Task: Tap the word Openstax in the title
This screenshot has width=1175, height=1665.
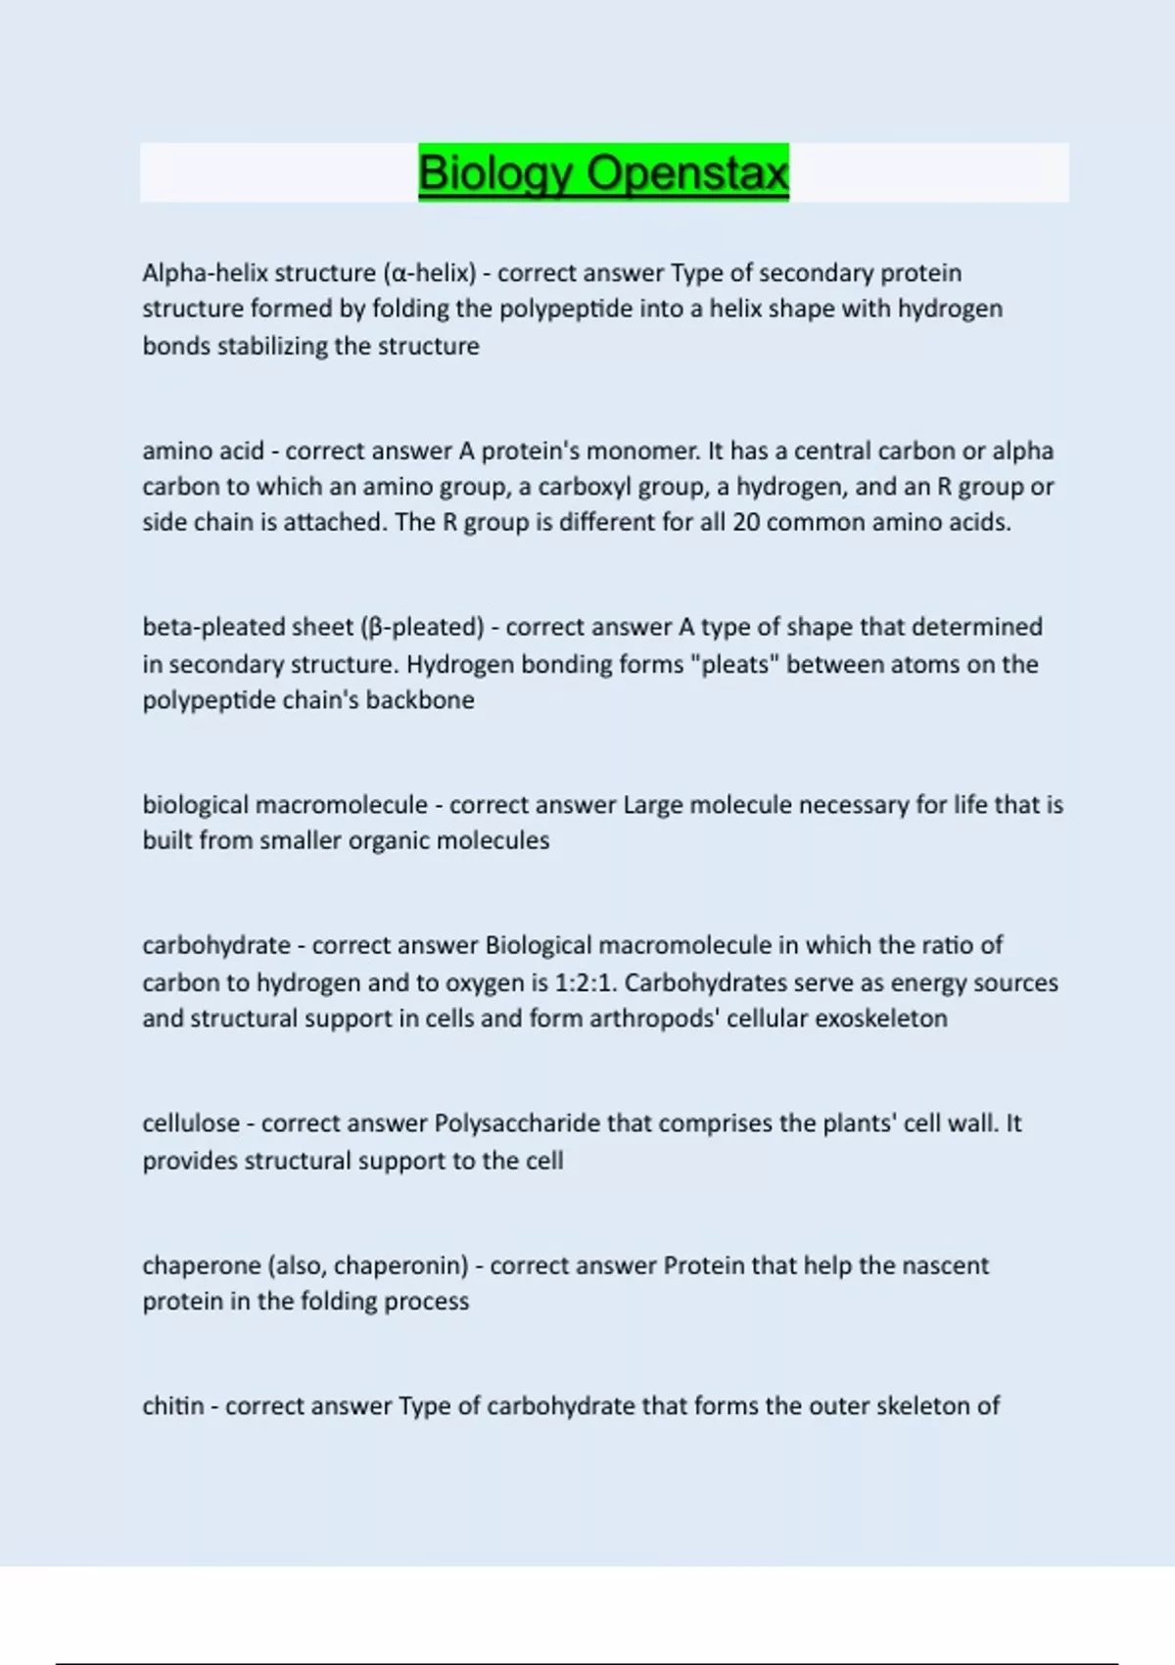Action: pos(687,173)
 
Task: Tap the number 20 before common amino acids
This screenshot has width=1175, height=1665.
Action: pos(746,522)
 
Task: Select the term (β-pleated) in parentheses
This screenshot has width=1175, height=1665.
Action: pos(422,627)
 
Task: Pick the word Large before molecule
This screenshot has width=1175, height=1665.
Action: pos(652,805)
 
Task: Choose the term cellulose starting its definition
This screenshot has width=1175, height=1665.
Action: pos(191,1123)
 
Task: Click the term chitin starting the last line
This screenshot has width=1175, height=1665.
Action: pos(172,1406)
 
